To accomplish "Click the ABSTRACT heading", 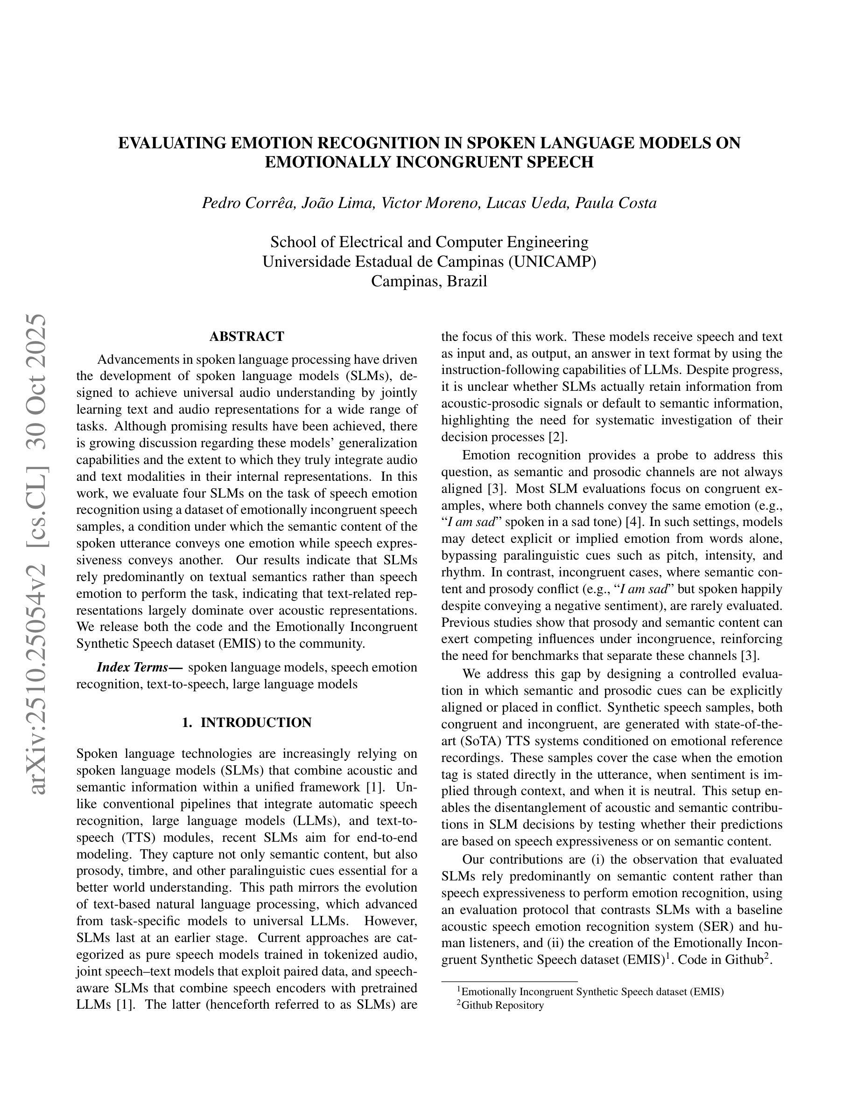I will click(x=246, y=336).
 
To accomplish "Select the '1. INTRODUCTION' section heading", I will click(x=246, y=722).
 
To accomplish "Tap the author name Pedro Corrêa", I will click(x=248, y=203).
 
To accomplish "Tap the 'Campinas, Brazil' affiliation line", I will click(x=429, y=281).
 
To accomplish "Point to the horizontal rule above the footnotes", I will click(x=509, y=982).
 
